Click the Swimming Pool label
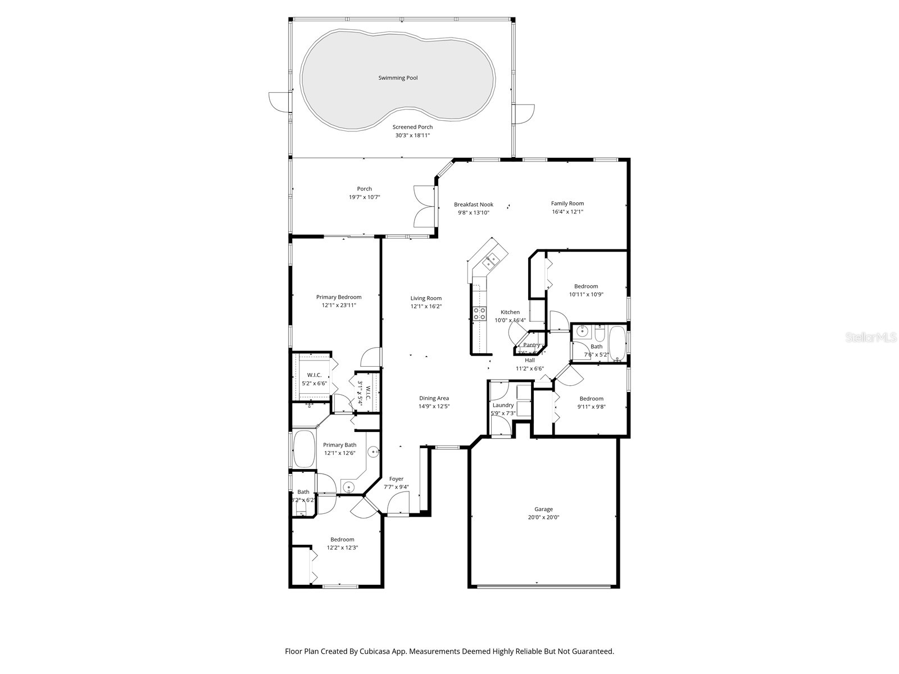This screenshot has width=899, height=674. [398, 78]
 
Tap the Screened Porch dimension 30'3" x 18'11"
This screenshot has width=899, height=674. [412, 135]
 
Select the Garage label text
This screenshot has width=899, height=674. [543, 509]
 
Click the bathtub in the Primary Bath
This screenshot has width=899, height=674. [304, 449]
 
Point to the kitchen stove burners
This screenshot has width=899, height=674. [479, 313]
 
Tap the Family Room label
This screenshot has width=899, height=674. [567, 203]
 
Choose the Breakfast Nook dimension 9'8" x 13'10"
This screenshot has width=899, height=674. [474, 213]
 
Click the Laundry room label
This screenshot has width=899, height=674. [503, 405]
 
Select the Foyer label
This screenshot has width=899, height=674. [396, 479]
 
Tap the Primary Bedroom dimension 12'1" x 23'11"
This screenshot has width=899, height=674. [339, 306]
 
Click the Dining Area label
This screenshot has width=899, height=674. [434, 398]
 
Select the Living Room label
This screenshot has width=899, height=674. [426, 298]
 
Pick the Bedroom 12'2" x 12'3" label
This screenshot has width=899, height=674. [342, 539]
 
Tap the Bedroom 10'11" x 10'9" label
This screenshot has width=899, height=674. [586, 286]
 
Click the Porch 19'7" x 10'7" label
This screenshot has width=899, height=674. [364, 189]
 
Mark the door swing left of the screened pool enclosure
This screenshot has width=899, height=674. [279, 101]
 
